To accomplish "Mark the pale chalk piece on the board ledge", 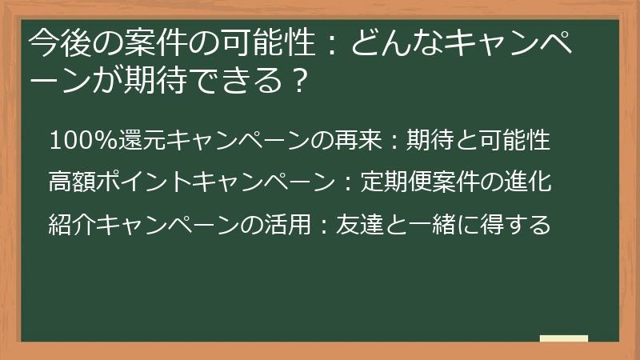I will tap(563, 338).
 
